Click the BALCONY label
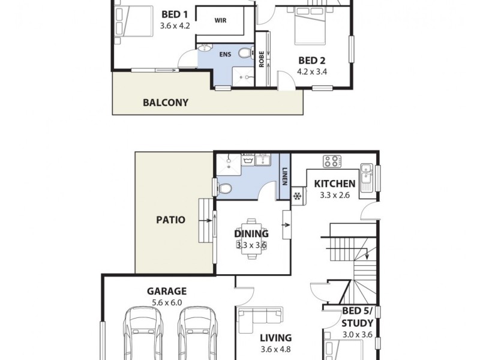166,103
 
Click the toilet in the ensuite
244,53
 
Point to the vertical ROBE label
262,58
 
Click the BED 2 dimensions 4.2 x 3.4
312,71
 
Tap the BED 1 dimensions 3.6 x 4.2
175,26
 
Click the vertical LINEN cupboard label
286,176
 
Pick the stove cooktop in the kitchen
331,161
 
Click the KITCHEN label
335,184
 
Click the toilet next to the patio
224,189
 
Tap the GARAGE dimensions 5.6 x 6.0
167,303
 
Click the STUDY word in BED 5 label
358,323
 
